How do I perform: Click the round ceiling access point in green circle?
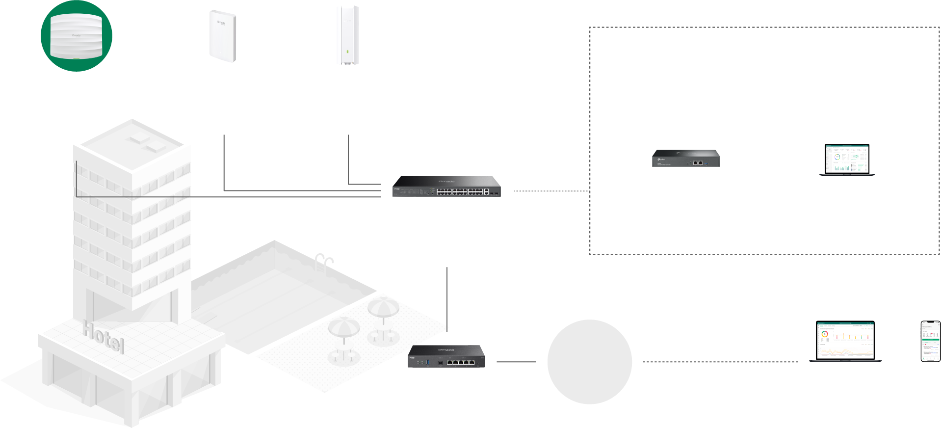click(76, 36)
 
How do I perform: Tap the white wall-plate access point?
click(223, 36)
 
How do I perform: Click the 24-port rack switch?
click(446, 187)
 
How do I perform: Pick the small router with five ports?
click(446, 356)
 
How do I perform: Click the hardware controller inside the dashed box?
click(686, 158)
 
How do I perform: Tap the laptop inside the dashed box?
click(847, 160)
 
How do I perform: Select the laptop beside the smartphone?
click(844, 342)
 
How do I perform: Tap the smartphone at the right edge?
click(930, 341)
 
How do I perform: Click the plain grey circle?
click(589, 362)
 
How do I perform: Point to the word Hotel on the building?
click(103, 337)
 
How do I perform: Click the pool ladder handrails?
click(324, 260)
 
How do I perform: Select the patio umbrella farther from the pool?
click(343, 328)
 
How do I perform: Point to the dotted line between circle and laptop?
click(720, 362)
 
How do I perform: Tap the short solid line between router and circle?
click(516, 362)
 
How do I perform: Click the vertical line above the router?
click(447, 297)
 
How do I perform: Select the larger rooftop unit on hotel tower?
click(156, 146)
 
